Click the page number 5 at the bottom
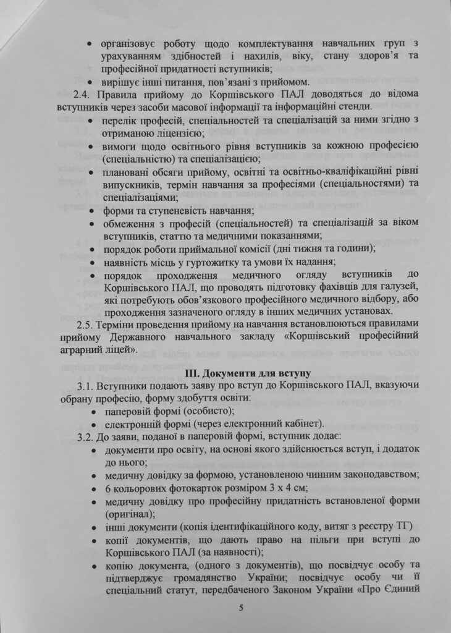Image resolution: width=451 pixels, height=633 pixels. coord(242,608)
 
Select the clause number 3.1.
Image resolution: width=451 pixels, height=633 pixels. coord(85,386)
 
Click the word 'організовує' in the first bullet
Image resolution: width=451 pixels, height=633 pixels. coord(130,45)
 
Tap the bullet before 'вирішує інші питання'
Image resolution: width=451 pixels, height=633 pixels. coord(91,82)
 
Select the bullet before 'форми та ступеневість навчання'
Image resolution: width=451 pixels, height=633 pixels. coord(91,211)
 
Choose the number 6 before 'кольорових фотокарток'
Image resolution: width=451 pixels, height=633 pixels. coord(109,488)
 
